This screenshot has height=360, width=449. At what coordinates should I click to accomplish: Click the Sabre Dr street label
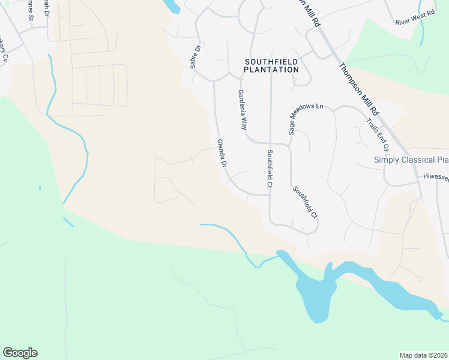194,55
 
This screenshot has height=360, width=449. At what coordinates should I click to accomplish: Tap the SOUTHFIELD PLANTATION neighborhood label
271,65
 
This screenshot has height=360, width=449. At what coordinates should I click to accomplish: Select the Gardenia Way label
243,110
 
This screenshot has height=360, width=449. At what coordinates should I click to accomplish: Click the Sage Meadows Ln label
306,118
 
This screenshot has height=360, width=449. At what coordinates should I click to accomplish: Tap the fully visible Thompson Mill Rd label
358,90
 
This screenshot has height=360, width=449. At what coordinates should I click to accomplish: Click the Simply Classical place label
411,160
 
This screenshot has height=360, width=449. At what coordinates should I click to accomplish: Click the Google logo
20,353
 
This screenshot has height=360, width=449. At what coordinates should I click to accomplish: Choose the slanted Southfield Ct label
305,201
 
